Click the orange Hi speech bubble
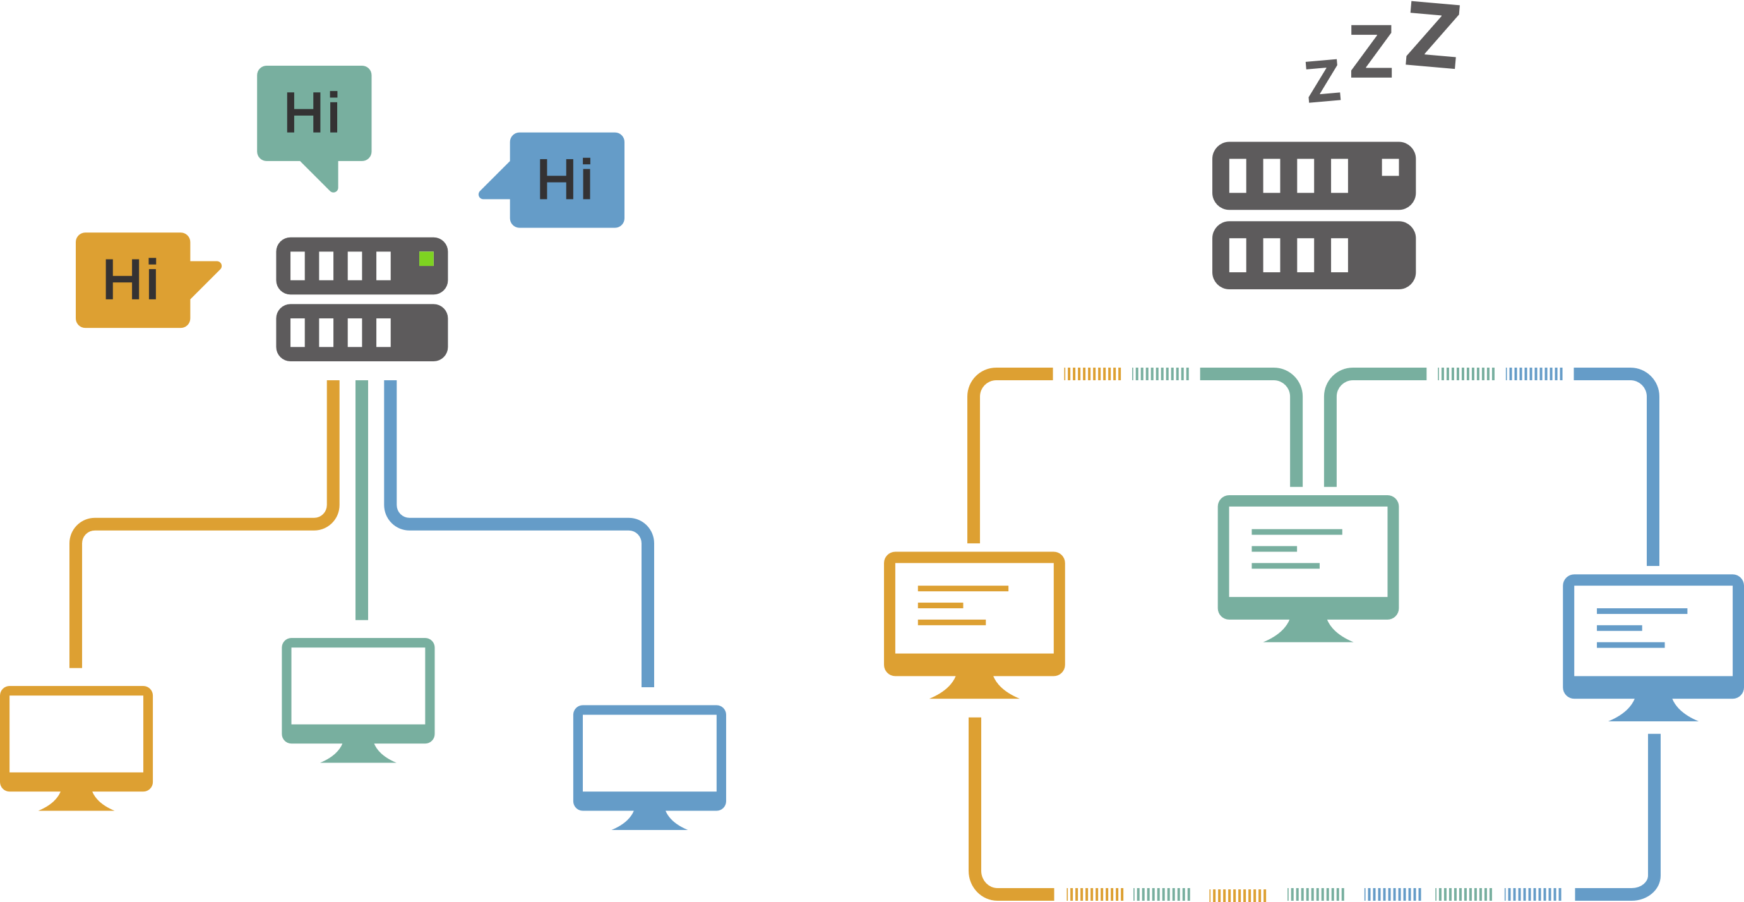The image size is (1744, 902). (x=133, y=280)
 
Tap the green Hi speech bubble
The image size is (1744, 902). (x=313, y=113)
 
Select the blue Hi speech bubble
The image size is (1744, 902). (x=566, y=179)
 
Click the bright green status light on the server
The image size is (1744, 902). (x=426, y=259)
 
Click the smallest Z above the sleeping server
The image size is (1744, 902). (x=1323, y=81)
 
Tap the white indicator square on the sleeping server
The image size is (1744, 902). (x=1390, y=167)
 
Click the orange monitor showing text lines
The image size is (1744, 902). (x=974, y=613)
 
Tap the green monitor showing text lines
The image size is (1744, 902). (x=1307, y=556)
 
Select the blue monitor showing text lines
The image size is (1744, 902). (x=1652, y=636)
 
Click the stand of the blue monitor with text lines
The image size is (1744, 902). (x=1653, y=711)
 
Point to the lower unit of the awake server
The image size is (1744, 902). (x=362, y=332)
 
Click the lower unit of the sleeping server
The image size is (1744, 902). (x=1313, y=255)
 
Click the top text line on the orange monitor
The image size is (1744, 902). (x=963, y=589)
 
